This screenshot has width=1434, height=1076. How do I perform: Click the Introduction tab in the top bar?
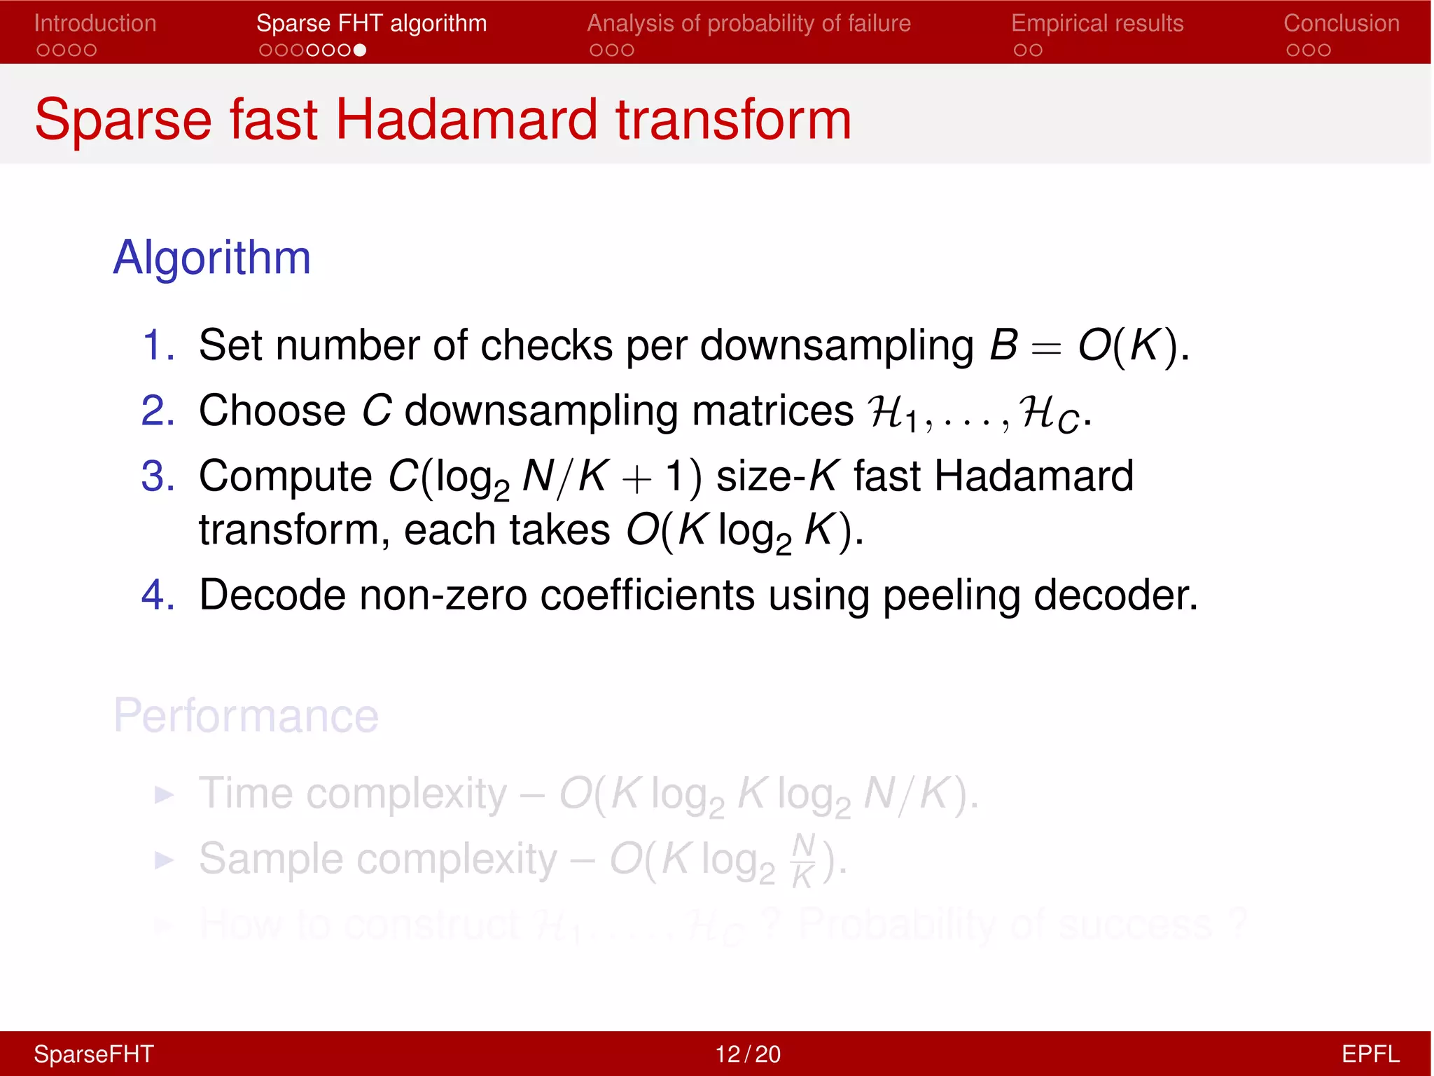[95, 24]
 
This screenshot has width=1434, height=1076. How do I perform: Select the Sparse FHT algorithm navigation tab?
[371, 24]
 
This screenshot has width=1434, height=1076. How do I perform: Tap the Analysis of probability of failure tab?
[749, 24]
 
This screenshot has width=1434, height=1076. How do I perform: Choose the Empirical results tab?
[1097, 24]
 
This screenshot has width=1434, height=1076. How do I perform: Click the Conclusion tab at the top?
[1341, 24]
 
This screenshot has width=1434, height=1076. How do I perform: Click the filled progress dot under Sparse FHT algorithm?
[360, 50]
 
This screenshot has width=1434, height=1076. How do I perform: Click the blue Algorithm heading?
[211, 258]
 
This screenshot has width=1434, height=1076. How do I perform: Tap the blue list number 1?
[158, 345]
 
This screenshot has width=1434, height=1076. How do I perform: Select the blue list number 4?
[158, 595]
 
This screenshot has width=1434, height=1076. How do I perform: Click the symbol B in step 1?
[1003, 345]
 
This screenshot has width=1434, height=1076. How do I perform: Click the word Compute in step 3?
[285, 477]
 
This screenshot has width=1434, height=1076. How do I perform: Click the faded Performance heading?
[246, 716]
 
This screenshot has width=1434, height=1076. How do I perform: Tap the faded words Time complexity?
[353, 794]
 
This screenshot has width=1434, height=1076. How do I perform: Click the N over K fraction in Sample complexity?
[803, 860]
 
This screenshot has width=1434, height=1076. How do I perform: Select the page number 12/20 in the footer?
[747, 1054]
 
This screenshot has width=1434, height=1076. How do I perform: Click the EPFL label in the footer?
[1370, 1054]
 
